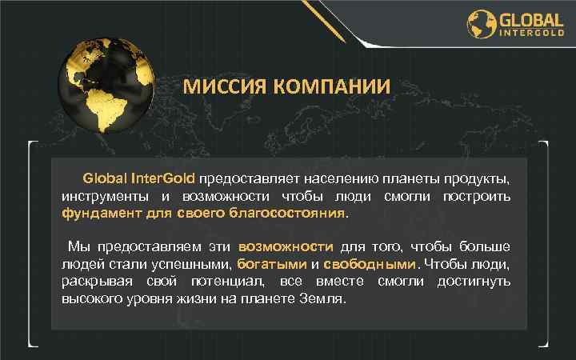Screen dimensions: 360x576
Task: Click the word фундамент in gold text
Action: point(102,214)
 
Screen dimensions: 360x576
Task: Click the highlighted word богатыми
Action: point(272,264)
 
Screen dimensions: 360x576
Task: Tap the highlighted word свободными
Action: point(371,264)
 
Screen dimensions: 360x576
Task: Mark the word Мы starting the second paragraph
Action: point(77,246)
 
